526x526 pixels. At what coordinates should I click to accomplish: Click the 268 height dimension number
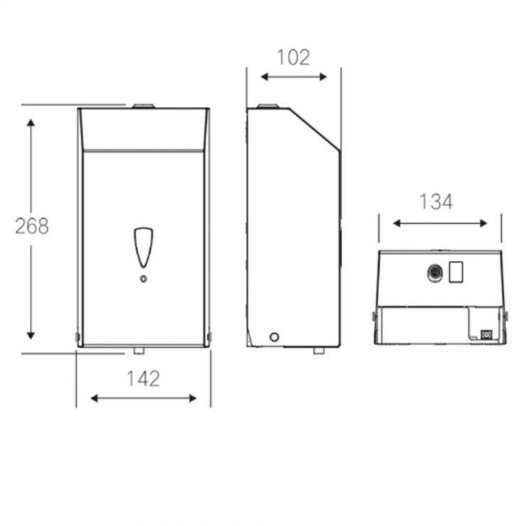(x=32, y=226)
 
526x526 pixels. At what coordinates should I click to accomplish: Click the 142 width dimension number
(x=144, y=379)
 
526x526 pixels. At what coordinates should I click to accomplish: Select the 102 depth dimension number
(x=294, y=58)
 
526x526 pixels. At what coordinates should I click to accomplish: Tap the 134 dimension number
(x=436, y=202)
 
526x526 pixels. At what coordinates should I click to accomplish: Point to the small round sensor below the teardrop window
(x=144, y=279)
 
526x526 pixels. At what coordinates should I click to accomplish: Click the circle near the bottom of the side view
(x=274, y=337)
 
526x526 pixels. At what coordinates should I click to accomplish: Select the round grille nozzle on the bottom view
(x=435, y=273)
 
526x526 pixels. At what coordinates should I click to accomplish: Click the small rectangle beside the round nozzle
(x=456, y=272)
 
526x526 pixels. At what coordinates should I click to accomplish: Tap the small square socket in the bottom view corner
(x=486, y=335)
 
